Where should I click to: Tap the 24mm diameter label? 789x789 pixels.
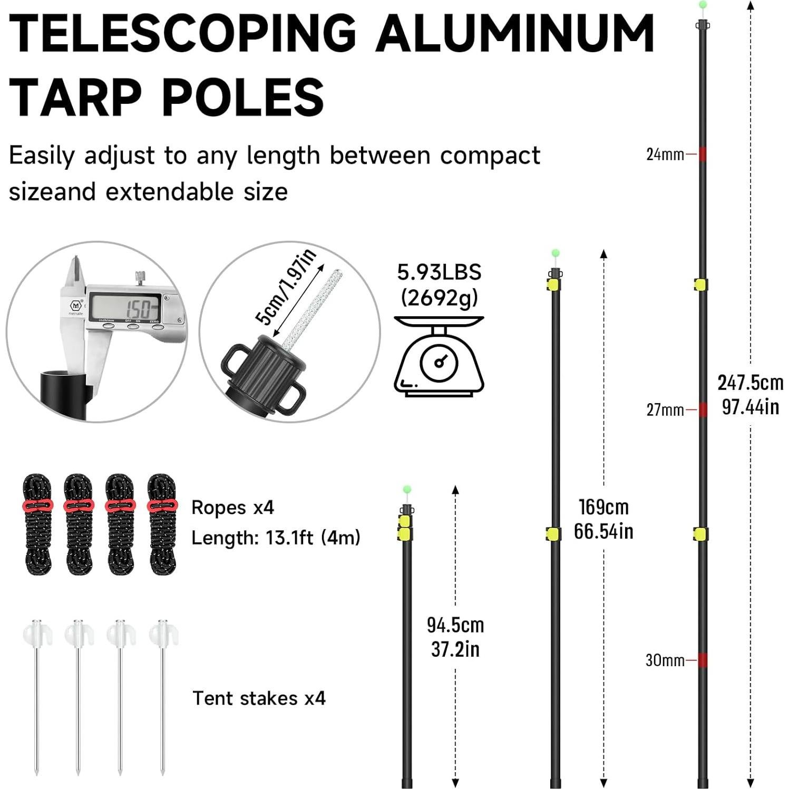point(665,154)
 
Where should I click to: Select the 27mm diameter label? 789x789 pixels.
point(665,410)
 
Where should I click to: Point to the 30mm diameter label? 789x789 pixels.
point(664,660)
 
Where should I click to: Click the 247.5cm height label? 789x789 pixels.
point(750,383)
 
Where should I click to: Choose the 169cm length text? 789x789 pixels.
point(603,507)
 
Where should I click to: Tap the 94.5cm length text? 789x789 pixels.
point(455,625)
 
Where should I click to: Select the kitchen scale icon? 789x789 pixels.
point(439,356)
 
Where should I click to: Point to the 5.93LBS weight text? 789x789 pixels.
point(439,272)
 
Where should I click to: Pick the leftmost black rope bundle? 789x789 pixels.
point(37,524)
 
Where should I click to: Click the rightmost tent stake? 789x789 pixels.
point(163,696)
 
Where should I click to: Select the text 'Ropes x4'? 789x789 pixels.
point(232,508)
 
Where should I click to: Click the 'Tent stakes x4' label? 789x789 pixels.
point(259,698)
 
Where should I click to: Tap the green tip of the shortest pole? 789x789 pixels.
point(406,490)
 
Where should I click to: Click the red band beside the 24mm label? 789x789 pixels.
point(703,154)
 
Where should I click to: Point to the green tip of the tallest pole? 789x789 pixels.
point(702,5)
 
